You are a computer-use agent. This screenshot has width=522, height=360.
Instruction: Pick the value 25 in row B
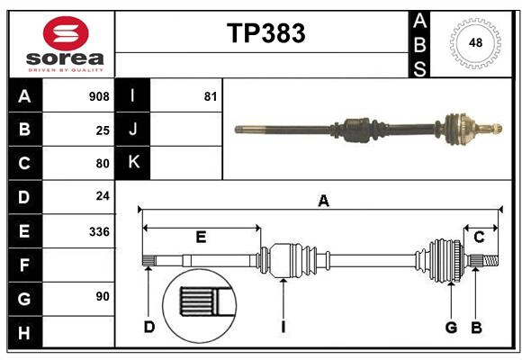(x=102, y=130)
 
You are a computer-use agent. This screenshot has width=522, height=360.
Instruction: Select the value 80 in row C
(x=102, y=163)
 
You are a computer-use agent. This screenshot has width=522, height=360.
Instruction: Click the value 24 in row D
(x=102, y=196)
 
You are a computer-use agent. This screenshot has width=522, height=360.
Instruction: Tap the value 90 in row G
(x=102, y=296)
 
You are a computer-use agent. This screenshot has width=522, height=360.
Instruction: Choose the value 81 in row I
(x=210, y=96)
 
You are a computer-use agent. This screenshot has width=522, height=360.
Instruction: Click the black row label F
(x=24, y=264)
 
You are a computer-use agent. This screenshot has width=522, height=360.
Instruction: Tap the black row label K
(x=133, y=163)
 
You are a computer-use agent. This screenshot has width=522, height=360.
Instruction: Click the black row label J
(x=133, y=130)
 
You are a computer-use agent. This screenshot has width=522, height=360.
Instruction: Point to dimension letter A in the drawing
(x=322, y=202)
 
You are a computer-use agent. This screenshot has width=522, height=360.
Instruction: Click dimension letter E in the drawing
(x=201, y=238)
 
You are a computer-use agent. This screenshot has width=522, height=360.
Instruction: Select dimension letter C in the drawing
(x=479, y=237)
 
